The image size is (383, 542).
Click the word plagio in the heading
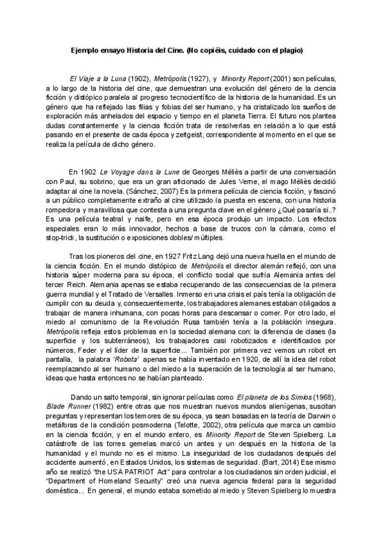point(290,50)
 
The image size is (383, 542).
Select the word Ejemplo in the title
point(85,50)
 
